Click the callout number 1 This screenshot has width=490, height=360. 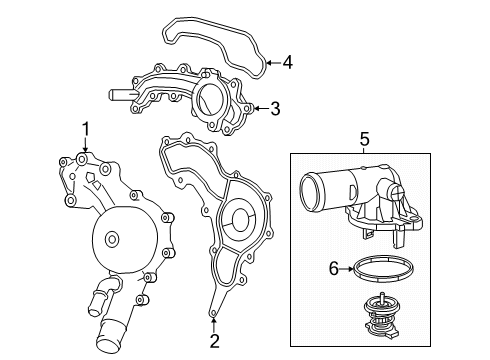click(85, 128)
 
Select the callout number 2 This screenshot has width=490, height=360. click(214, 342)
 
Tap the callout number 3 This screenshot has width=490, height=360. click(276, 108)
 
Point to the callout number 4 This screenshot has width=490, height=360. click(287, 63)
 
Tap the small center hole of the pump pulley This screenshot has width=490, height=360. click(110, 238)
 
